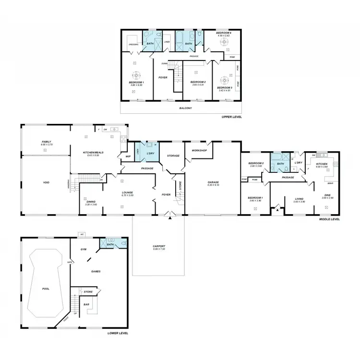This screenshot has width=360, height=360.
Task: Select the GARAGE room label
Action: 213,182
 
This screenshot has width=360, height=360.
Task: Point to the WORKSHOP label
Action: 199,151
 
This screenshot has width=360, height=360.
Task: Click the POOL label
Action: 46,289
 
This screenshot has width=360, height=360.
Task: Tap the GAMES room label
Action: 96,271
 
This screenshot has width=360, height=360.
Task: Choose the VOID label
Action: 47,182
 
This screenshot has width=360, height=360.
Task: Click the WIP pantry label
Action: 128,156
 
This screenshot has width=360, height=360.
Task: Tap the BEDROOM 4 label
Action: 223,33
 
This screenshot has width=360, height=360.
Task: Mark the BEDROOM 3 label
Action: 224,87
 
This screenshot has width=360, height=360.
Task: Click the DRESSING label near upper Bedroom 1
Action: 134,45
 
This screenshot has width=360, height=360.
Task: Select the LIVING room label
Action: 299,198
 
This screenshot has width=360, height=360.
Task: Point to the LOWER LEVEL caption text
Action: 117,333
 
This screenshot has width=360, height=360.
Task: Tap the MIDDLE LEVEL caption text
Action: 329,219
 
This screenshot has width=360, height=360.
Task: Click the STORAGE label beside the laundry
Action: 173,156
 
